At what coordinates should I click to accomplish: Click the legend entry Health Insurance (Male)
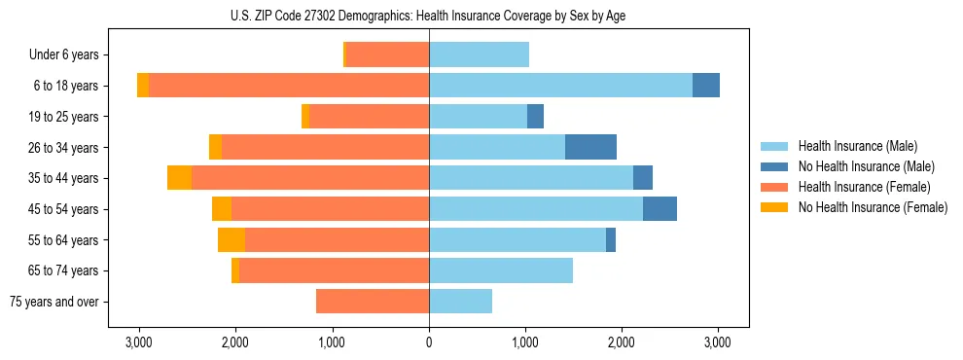click(x=857, y=146)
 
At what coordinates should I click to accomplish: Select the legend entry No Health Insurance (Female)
click(x=873, y=207)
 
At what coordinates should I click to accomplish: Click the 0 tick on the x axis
click(x=429, y=342)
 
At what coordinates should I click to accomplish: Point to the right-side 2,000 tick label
click(x=622, y=342)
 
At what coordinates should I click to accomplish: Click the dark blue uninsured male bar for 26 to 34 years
click(x=590, y=147)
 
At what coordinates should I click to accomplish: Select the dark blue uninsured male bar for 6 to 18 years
click(x=706, y=86)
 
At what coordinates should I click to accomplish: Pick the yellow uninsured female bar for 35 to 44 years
click(x=179, y=178)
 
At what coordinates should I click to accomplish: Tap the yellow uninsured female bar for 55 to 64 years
click(x=232, y=240)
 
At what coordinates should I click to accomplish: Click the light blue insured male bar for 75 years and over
click(x=460, y=302)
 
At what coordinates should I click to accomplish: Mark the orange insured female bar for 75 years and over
click(x=373, y=302)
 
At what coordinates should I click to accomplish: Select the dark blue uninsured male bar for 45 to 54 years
click(x=660, y=209)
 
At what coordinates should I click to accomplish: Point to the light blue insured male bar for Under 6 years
click(x=479, y=55)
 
